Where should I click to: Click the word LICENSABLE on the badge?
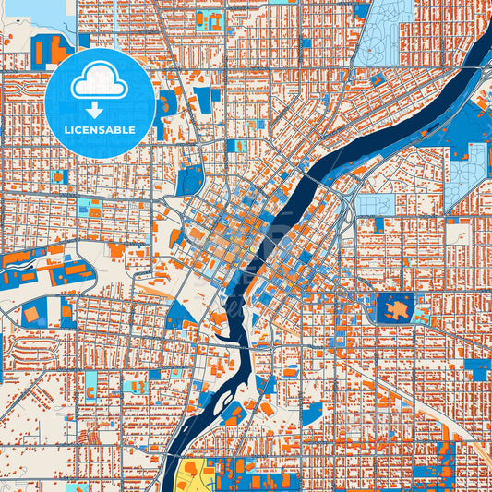pos(100,130)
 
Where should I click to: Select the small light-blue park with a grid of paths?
pos(375,205)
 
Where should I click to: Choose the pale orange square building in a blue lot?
pos(32,314)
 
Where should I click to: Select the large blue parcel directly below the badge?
pos(189,180)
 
